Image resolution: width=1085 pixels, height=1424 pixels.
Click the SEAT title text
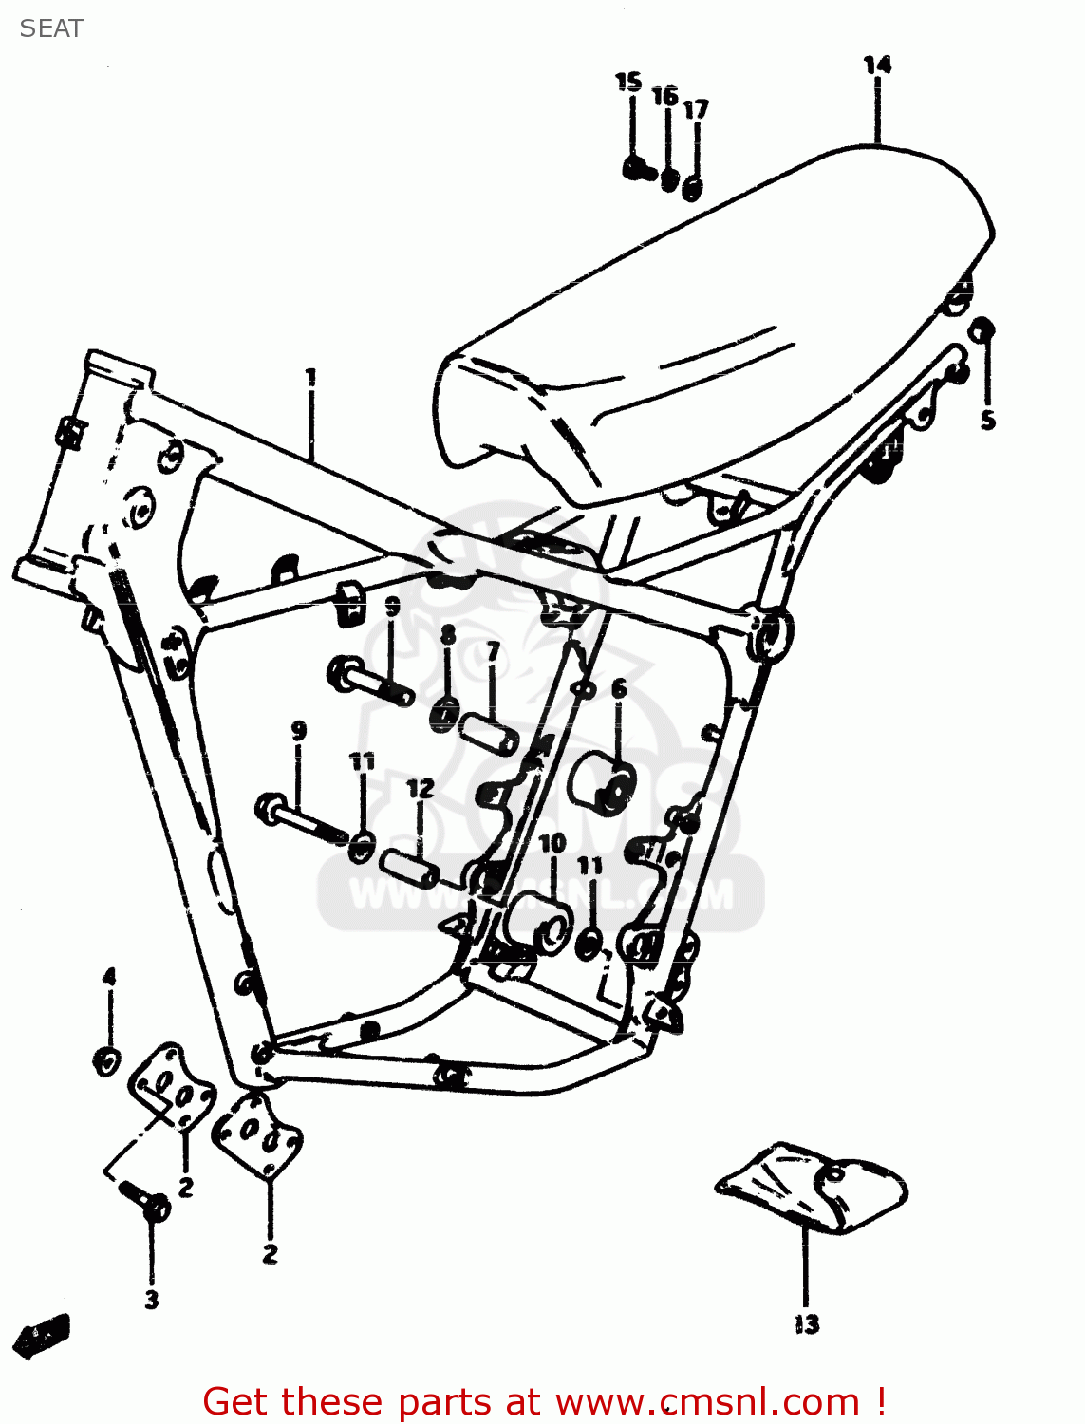point(51,28)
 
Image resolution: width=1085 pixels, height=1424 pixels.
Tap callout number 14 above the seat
point(877,65)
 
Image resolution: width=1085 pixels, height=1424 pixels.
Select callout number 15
point(628,82)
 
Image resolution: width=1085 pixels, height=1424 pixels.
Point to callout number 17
point(696,109)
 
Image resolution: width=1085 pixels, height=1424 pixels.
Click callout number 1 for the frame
point(310,378)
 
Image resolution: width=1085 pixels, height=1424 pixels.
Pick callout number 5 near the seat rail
point(988,420)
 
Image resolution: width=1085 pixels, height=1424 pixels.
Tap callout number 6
point(619,688)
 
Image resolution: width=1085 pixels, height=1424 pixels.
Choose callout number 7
point(493,651)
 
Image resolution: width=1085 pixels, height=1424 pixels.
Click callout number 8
point(448,634)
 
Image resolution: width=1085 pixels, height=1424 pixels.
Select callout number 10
point(552,843)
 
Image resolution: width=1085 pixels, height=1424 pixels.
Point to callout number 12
point(421,788)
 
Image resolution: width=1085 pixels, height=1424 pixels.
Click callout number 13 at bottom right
point(807,1323)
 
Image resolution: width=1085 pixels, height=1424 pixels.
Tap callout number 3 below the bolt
point(152,1300)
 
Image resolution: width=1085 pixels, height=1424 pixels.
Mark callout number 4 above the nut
point(109,976)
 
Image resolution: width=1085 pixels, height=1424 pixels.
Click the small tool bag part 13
point(813,1187)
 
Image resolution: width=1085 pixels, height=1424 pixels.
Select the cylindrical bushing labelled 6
point(602,783)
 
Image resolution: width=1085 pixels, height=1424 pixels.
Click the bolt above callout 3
point(146,1200)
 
